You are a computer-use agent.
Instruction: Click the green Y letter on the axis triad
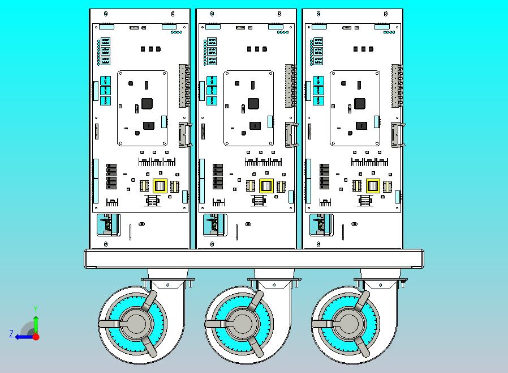click(36, 309)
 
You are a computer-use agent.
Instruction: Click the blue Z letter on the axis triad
click(11, 334)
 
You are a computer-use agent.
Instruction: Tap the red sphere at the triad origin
click(36, 336)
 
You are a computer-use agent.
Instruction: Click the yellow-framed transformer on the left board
click(160, 186)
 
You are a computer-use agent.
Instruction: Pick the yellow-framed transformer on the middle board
click(266, 186)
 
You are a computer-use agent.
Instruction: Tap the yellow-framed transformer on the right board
click(372, 186)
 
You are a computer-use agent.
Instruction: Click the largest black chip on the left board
click(147, 104)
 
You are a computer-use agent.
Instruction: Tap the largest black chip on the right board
click(360, 104)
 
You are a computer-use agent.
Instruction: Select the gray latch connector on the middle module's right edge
click(291, 135)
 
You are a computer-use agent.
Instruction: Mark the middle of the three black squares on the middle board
click(257, 49)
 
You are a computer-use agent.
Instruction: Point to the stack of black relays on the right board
click(324, 176)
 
